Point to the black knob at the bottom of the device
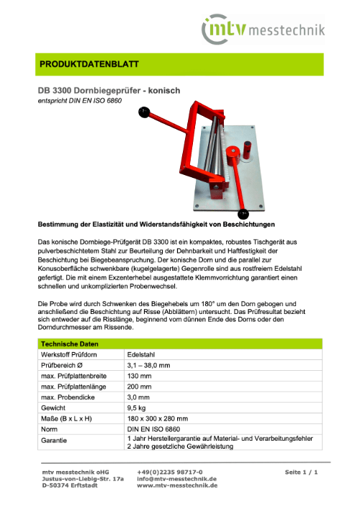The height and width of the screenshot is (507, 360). point(244,213)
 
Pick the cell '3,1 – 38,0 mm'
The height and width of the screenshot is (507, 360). point(150,365)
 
